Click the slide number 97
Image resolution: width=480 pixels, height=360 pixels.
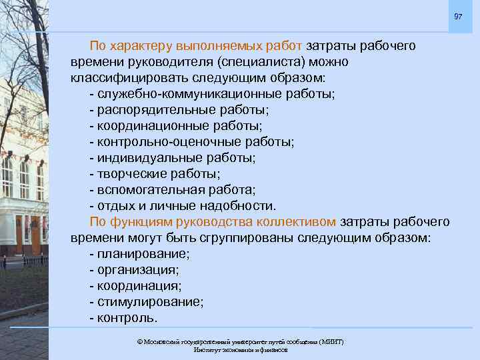pos(458,16)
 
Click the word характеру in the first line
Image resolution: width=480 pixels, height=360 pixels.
pos(140,46)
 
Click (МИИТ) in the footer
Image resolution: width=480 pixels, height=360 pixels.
pos(331,342)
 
